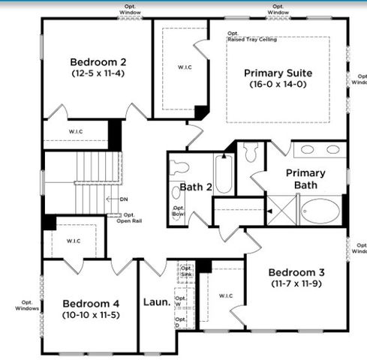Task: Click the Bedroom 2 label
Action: click(97, 62)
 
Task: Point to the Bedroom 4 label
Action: click(89, 304)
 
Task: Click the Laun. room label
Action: click(155, 304)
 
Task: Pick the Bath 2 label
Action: click(194, 187)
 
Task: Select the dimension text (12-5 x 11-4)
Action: click(97, 74)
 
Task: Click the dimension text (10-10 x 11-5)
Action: click(89, 316)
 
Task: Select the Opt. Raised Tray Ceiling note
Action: click(252, 36)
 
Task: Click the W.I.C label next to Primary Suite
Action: click(184, 67)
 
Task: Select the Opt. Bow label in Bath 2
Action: click(179, 211)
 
